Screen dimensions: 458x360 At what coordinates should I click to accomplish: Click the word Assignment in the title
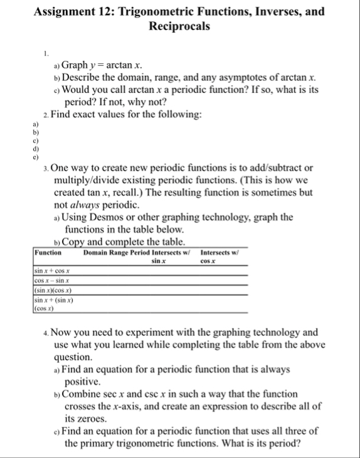coord(68,12)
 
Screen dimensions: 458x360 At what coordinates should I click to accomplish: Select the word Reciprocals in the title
coord(179,26)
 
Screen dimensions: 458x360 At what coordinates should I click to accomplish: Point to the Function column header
coord(48,253)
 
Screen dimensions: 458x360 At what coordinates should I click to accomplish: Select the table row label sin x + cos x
coord(51,270)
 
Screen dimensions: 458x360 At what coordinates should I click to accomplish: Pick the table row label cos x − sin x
coord(51,282)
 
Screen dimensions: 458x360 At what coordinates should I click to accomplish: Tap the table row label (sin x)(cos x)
coord(51,292)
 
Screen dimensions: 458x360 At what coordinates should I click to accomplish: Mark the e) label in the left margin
coord(36,157)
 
